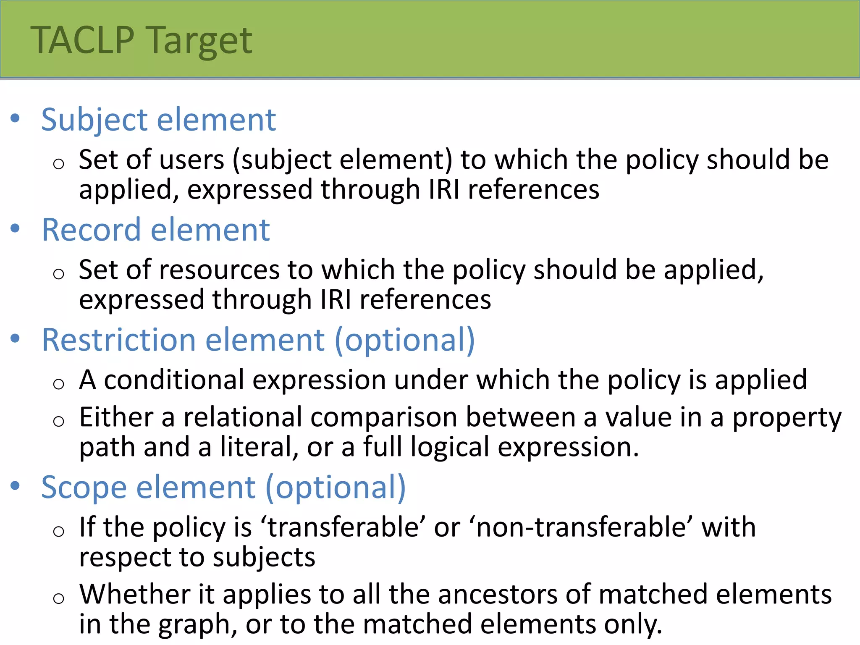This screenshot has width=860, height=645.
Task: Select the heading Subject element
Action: pos(158,120)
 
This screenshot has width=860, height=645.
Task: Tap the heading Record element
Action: pos(155,230)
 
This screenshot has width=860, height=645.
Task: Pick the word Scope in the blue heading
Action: pos(84,488)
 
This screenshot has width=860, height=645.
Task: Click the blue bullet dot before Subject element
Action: pos(16,118)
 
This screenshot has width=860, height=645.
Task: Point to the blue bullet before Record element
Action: pos(16,228)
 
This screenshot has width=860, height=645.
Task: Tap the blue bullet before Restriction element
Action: pos(16,338)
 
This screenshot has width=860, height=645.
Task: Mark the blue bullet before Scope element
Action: pos(16,486)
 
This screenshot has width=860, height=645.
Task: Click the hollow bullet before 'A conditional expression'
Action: pos(59,383)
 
